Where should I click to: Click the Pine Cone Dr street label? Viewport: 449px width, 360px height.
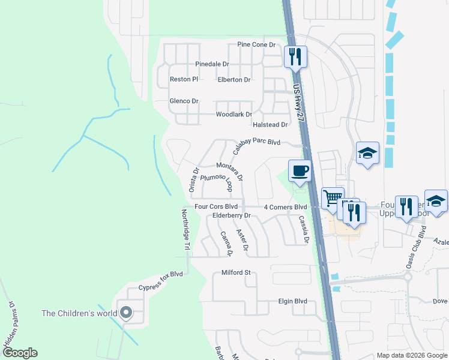pos(256,45)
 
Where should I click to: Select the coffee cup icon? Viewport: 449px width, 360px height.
pos(300,171)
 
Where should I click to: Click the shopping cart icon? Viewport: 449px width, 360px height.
pos(331,197)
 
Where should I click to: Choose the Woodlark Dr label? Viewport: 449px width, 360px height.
pos(234,114)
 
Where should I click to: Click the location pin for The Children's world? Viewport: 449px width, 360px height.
pos(126,313)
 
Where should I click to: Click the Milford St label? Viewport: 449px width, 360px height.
pos(236,272)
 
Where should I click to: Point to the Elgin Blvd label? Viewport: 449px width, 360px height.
pos(292,301)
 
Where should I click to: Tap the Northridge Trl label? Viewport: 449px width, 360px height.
pos(186,230)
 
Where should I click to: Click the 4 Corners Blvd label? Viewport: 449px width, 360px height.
pos(286,207)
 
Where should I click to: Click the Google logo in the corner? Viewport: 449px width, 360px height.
pos(19,353)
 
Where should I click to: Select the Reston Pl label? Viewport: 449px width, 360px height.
pos(184,79)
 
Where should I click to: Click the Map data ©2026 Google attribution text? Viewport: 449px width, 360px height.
pos(411,355)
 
